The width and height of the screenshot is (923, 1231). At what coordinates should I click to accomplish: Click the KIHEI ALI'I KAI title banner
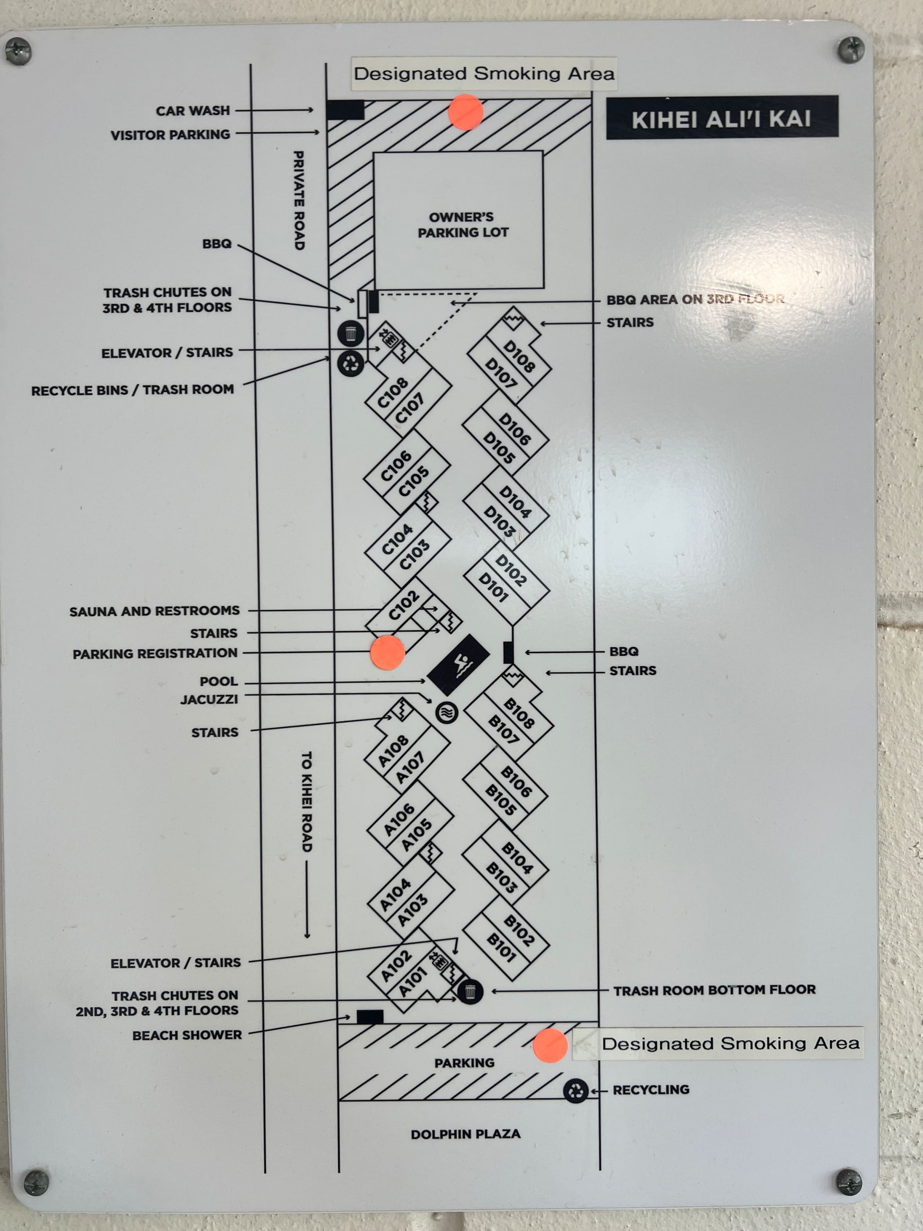[x=721, y=118]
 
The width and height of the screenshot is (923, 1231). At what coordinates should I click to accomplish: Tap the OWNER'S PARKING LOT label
[x=463, y=225]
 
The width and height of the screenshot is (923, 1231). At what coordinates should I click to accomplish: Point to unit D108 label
[x=518, y=356]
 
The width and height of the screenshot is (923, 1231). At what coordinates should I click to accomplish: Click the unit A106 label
[x=399, y=820]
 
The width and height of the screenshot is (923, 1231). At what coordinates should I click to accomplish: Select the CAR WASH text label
[x=193, y=111]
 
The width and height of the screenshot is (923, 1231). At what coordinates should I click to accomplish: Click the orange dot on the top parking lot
[x=466, y=112]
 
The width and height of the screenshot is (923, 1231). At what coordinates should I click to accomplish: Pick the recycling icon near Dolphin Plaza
[x=576, y=1091]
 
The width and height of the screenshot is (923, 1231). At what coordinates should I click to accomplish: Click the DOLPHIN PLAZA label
[x=466, y=1134]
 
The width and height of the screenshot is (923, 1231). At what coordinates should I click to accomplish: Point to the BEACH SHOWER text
[x=187, y=1035]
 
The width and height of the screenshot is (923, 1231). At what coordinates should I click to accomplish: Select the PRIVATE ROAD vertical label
[x=299, y=200]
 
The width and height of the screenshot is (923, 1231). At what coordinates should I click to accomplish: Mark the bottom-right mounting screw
[x=849, y=1182]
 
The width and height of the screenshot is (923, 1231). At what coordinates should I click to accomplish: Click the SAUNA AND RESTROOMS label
[x=154, y=611]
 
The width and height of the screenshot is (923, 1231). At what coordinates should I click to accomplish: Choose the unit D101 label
[x=493, y=587]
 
